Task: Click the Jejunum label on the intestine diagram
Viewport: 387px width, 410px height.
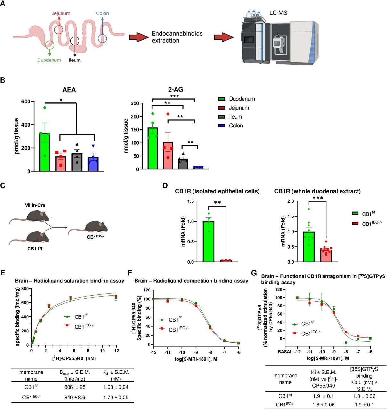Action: [61, 13]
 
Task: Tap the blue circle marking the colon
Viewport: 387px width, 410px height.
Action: [103, 38]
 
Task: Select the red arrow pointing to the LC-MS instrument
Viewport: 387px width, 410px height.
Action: [224, 37]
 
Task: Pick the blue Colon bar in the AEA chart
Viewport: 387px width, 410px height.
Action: [93, 164]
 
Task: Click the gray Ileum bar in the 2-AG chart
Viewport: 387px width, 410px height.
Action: [183, 164]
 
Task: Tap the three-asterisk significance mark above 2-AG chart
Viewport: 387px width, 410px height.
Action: [174, 96]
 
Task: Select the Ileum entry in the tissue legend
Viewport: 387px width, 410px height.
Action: [235, 117]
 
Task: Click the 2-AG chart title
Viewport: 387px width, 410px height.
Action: [176, 90]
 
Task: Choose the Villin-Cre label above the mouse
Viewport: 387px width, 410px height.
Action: [35, 205]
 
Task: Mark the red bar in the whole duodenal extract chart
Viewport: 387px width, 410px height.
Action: [326, 255]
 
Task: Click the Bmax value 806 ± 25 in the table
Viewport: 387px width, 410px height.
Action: [75, 387]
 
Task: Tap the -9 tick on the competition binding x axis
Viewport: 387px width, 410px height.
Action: [196, 352]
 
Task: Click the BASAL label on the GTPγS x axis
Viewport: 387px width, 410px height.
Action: [285, 352]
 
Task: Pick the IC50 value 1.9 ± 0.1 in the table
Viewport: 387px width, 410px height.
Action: [364, 405]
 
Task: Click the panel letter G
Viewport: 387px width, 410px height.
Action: [254, 273]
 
